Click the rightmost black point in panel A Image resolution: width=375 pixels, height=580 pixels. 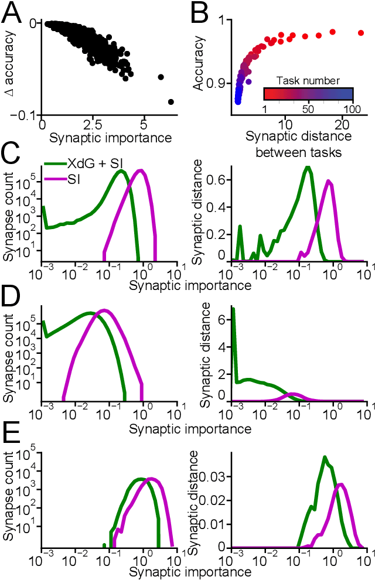[171, 102]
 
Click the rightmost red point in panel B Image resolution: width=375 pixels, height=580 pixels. [361, 33]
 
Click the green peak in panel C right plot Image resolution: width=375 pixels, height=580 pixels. [307, 168]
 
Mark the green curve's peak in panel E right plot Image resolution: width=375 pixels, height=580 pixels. [325, 457]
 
